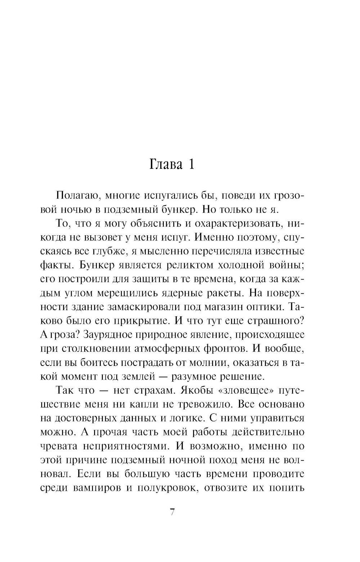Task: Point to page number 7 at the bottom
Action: [x=172, y=512]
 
